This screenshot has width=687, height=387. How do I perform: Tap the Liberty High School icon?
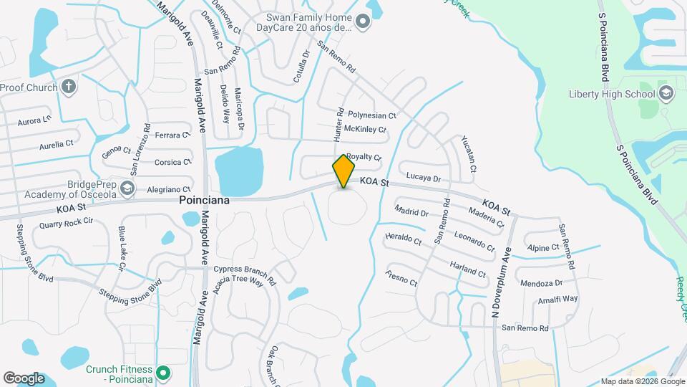click(666, 93)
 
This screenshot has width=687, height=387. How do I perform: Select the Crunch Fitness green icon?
click(163, 373)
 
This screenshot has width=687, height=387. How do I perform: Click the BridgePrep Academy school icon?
click(127, 188)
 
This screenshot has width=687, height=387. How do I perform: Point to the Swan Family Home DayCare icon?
click(363, 22)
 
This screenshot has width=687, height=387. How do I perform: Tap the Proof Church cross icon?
click(69, 87)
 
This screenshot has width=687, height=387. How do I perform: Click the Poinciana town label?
click(205, 201)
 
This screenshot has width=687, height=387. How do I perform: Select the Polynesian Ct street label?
click(371, 115)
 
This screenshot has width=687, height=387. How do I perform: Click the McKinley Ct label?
click(365, 129)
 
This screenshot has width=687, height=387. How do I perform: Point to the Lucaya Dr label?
click(423, 178)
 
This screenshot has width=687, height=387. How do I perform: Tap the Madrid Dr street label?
click(411, 212)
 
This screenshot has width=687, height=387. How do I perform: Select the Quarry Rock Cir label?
click(67, 224)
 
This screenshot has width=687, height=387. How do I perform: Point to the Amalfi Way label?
click(559, 299)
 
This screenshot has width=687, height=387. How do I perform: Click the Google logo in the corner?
click(24, 378)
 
